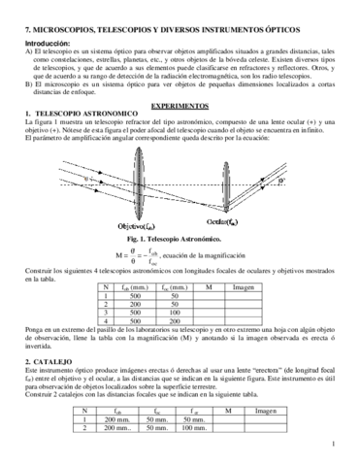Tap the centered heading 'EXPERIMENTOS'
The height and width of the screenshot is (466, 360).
[x=179, y=102]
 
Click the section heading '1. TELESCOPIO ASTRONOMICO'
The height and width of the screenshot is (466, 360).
[x=80, y=114]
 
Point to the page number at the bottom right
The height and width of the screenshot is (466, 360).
[x=332, y=445]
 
